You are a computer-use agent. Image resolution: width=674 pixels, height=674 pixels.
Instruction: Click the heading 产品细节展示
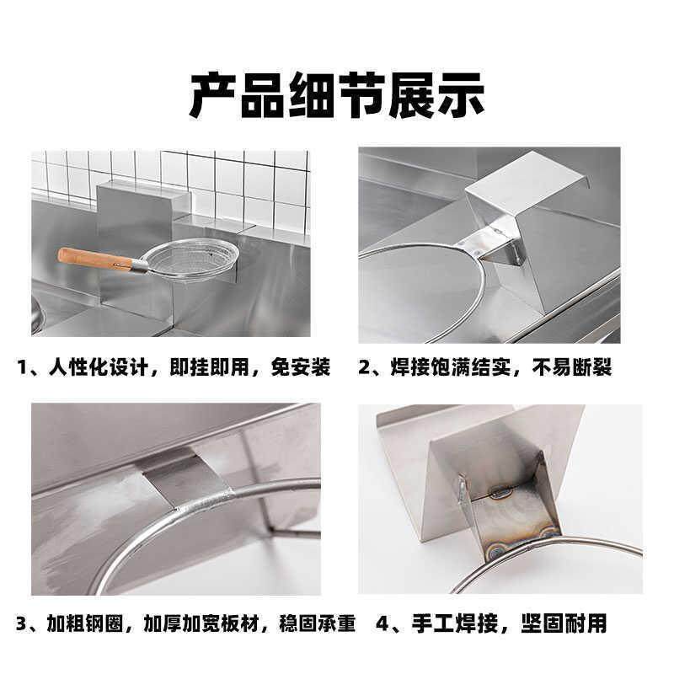click(337, 95)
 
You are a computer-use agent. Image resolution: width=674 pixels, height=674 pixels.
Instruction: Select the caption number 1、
click(32, 368)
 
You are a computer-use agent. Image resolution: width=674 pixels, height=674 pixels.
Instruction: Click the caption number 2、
click(372, 368)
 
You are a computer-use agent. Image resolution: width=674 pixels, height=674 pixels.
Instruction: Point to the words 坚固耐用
click(561, 624)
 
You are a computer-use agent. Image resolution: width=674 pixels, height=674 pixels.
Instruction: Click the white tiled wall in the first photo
click(236, 177)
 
